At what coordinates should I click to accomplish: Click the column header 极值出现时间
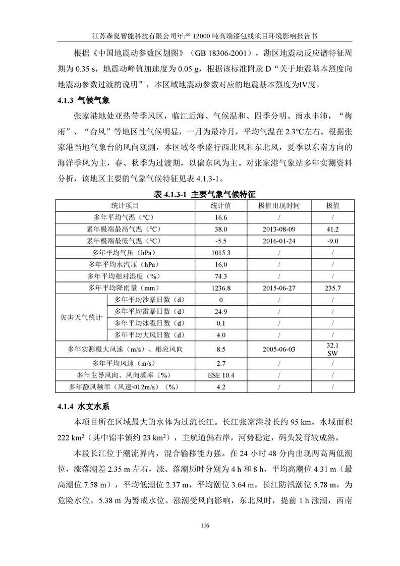click(x=278, y=206)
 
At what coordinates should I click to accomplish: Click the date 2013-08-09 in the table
click(x=278, y=229)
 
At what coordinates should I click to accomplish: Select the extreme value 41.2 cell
click(x=332, y=229)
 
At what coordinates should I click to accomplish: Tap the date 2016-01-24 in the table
click(x=278, y=241)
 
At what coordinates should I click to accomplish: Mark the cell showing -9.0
click(x=332, y=241)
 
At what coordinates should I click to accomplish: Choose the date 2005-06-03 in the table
click(x=278, y=349)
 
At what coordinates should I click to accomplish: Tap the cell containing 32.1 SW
click(x=332, y=349)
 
